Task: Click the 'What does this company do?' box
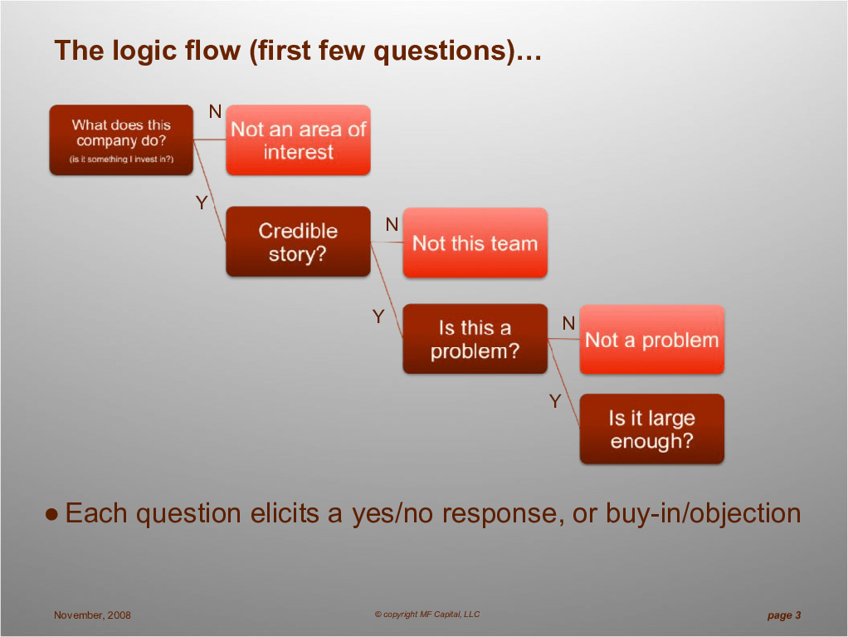click(x=121, y=140)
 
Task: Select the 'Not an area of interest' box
click(x=298, y=140)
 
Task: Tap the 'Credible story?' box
click(x=298, y=242)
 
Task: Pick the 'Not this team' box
click(x=475, y=243)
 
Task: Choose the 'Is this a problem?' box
click(x=475, y=339)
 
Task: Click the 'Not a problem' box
click(x=651, y=340)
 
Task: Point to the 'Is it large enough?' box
click(x=651, y=429)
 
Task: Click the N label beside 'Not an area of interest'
click(x=215, y=111)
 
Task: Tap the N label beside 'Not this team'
click(x=392, y=224)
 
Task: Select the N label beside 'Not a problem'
click(x=568, y=323)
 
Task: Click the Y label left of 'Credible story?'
click(x=202, y=203)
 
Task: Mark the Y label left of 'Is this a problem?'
click(x=378, y=316)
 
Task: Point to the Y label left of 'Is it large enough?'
click(x=555, y=401)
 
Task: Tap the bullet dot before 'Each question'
click(x=52, y=514)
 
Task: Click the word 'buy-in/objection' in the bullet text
click(x=703, y=513)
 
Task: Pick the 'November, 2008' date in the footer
click(x=92, y=615)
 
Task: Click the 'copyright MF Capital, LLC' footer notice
click(x=427, y=615)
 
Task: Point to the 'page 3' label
click(x=784, y=615)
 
